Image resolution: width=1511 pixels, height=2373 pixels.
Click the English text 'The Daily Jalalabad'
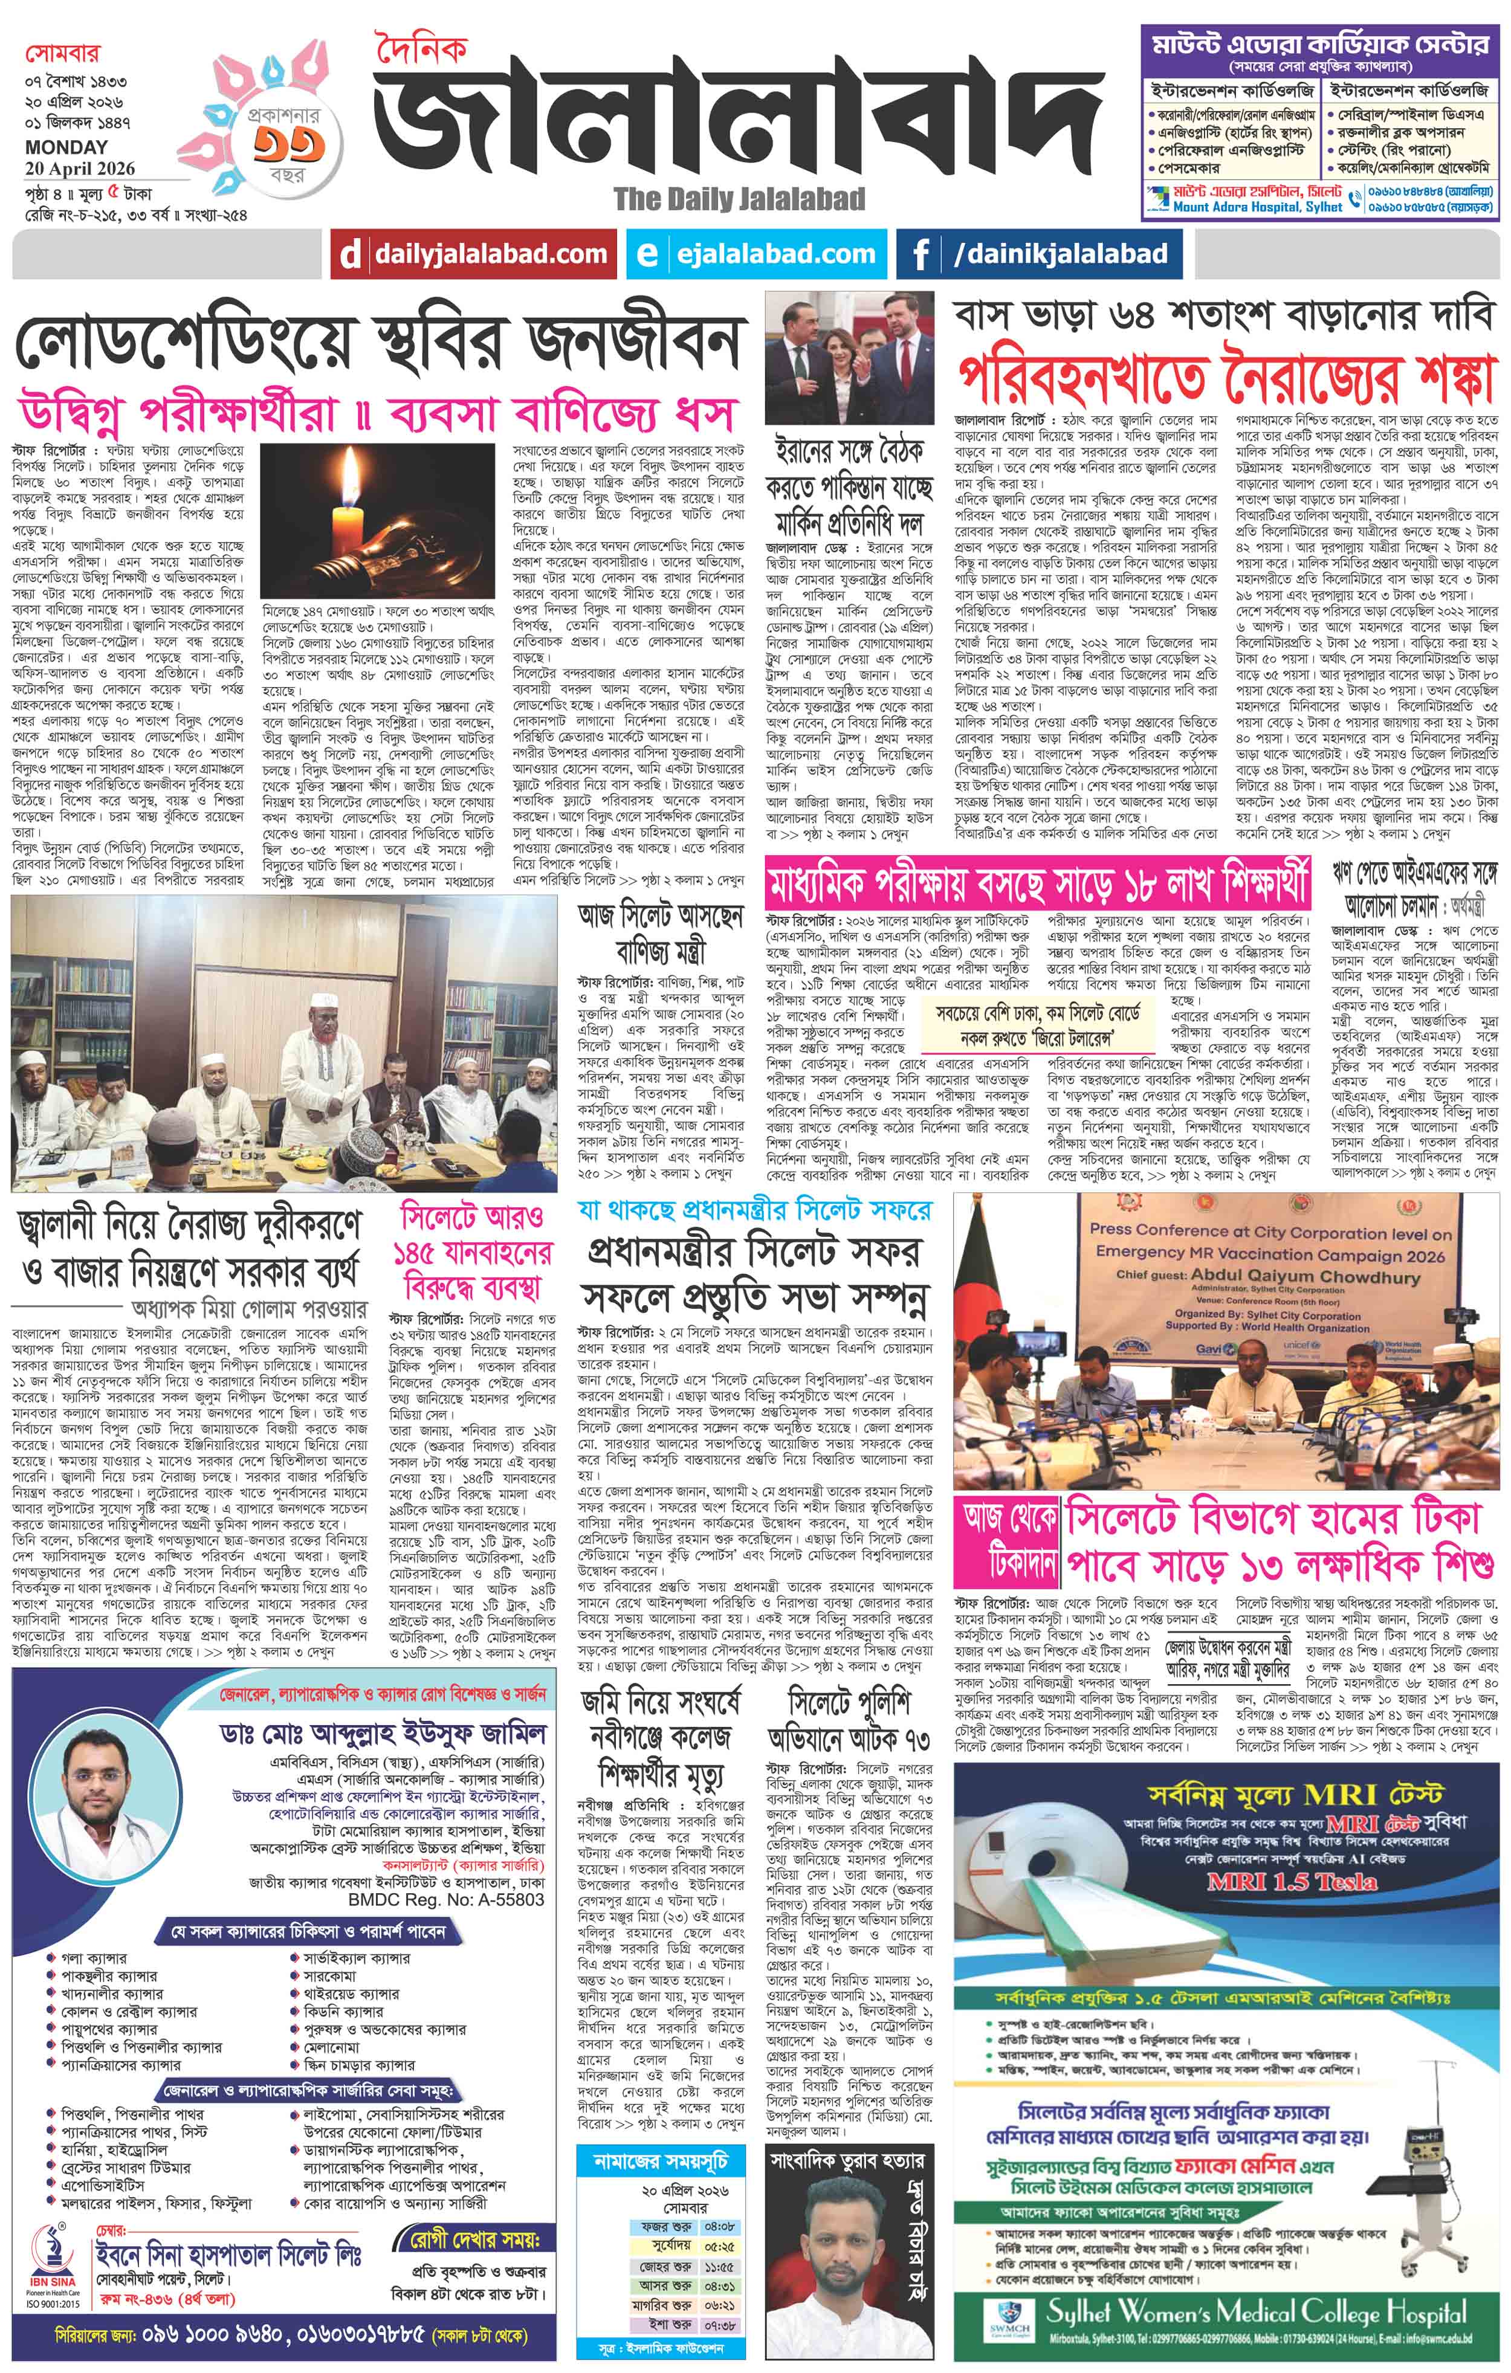tap(739, 199)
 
